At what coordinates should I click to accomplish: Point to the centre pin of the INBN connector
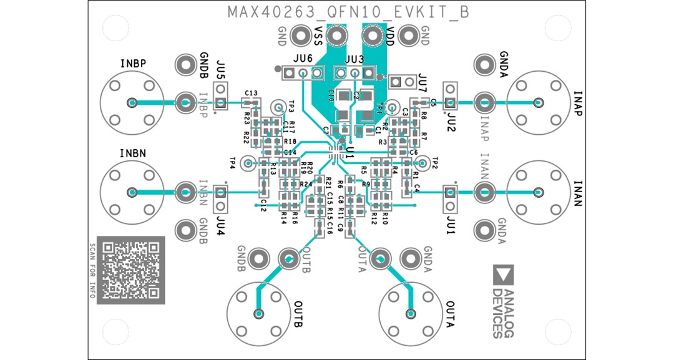pyautogui.click(x=132, y=192)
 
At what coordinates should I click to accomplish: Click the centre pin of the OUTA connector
pyautogui.click(x=411, y=313)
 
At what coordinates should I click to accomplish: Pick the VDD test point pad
pyautogui.click(x=374, y=36)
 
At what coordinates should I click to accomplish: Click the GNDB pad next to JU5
pyautogui.click(x=185, y=64)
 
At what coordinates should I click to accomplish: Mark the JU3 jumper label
pyautogui.click(x=354, y=59)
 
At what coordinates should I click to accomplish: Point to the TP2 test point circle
pyautogui.click(x=422, y=163)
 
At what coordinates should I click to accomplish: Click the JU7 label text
pyautogui.click(x=423, y=79)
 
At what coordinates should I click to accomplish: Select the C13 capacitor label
pyautogui.click(x=252, y=92)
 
